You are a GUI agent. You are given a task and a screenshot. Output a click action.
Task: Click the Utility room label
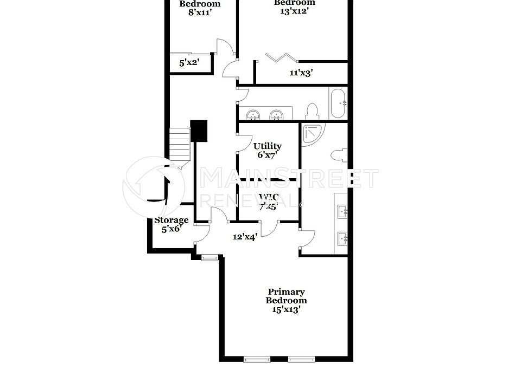[268, 146]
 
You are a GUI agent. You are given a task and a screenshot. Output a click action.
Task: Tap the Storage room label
[171, 220]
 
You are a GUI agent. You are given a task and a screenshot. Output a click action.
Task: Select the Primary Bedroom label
[286, 296]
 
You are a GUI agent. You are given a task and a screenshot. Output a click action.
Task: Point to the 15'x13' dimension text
[286, 310]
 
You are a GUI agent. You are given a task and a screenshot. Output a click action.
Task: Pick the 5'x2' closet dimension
[189, 63]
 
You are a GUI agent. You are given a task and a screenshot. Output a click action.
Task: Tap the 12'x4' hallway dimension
[245, 237]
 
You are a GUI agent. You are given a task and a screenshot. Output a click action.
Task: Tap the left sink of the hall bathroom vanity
[253, 115]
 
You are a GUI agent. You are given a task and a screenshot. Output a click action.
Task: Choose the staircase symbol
[179, 144]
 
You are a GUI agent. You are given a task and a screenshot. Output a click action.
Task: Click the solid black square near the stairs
[199, 131]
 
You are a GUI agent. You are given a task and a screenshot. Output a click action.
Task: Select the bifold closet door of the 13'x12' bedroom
[281, 58]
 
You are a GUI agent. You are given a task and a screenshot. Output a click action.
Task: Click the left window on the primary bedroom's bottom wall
[257, 359]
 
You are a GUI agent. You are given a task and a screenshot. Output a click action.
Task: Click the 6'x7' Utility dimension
[268, 155]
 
